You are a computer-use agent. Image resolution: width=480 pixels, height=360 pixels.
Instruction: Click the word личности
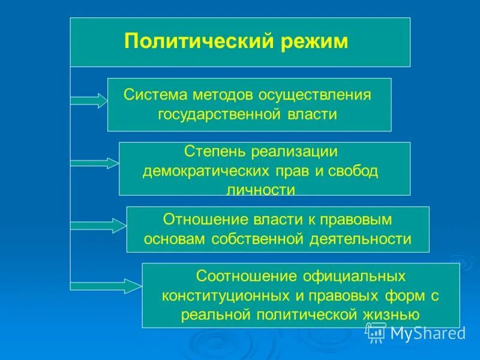coord(264,190)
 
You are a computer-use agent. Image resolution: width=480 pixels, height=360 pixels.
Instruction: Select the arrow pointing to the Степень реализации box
coord(95,163)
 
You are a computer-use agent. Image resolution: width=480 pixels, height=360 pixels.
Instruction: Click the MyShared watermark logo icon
coord(376,332)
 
